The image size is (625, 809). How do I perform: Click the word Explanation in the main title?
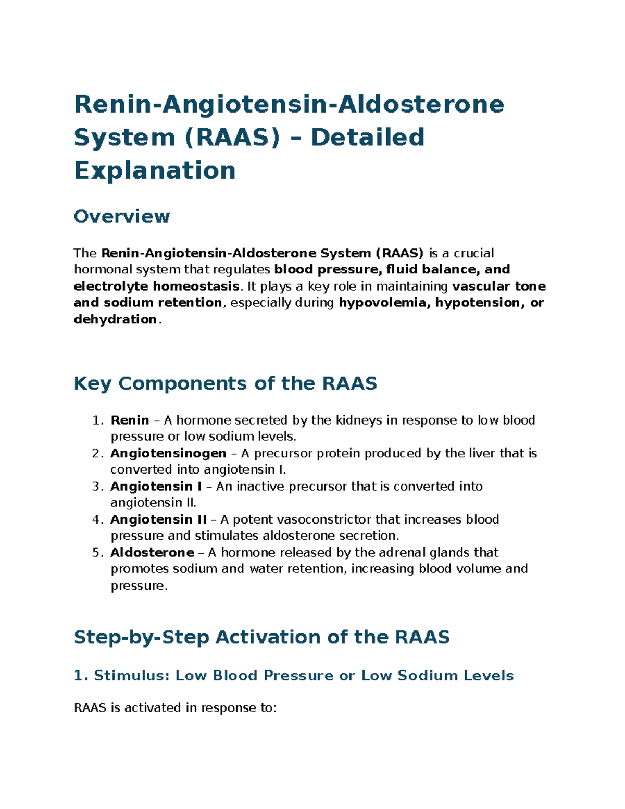click(x=155, y=171)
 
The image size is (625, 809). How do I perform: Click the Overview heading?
click(x=121, y=216)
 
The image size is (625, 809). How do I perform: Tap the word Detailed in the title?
click(x=368, y=138)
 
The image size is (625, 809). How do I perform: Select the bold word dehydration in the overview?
click(x=115, y=319)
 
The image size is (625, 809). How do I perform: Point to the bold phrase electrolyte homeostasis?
click(x=156, y=287)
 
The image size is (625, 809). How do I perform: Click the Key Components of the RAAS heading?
click(x=225, y=383)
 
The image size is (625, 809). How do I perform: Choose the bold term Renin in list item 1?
click(x=130, y=420)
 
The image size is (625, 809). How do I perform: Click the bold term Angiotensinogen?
click(x=168, y=453)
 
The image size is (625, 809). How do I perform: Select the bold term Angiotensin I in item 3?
click(x=156, y=486)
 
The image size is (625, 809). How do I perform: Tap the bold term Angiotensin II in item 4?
click(x=158, y=519)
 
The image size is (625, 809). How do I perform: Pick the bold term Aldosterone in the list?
click(x=152, y=552)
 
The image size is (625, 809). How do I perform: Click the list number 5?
click(x=97, y=552)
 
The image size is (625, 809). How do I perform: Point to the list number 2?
click(x=97, y=453)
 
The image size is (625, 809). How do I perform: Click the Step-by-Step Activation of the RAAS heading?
click(x=261, y=637)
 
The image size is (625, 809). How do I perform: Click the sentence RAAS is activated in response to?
click(x=175, y=707)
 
